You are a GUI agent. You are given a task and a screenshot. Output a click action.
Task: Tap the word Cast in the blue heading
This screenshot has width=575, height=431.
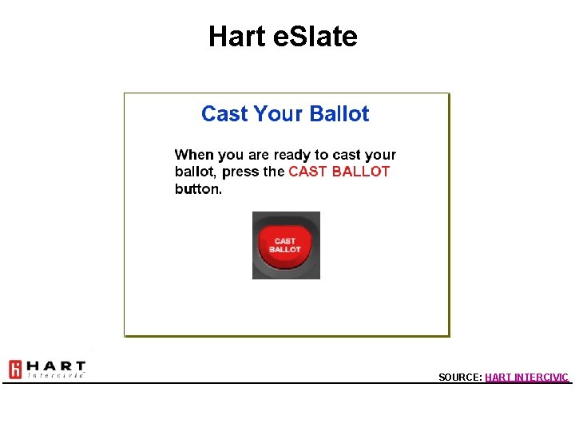tap(224, 114)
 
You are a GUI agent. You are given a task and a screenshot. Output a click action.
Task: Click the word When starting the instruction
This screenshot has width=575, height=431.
tap(194, 155)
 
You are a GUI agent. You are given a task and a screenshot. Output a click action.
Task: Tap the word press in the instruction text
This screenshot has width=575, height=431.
tap(240, 172)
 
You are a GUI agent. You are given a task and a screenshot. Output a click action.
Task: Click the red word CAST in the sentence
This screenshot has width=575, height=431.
tap(307, 172)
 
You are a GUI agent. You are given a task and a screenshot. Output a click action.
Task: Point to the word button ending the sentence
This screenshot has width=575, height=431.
tap(197, 189)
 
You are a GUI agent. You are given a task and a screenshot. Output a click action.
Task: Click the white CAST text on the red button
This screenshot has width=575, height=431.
tap(285, 241)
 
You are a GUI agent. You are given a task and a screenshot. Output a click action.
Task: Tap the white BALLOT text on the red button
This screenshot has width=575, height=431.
tap(285, 250)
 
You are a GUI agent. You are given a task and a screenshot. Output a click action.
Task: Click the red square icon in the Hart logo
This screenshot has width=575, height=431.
tap(15, 370)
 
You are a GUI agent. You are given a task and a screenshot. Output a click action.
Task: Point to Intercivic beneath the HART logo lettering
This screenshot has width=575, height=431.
tap(56, 375)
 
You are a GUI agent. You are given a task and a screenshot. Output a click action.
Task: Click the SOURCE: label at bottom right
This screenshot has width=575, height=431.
tap(460, 377)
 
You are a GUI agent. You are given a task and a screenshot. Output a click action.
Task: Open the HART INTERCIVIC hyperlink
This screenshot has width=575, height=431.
tap(526, 377)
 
